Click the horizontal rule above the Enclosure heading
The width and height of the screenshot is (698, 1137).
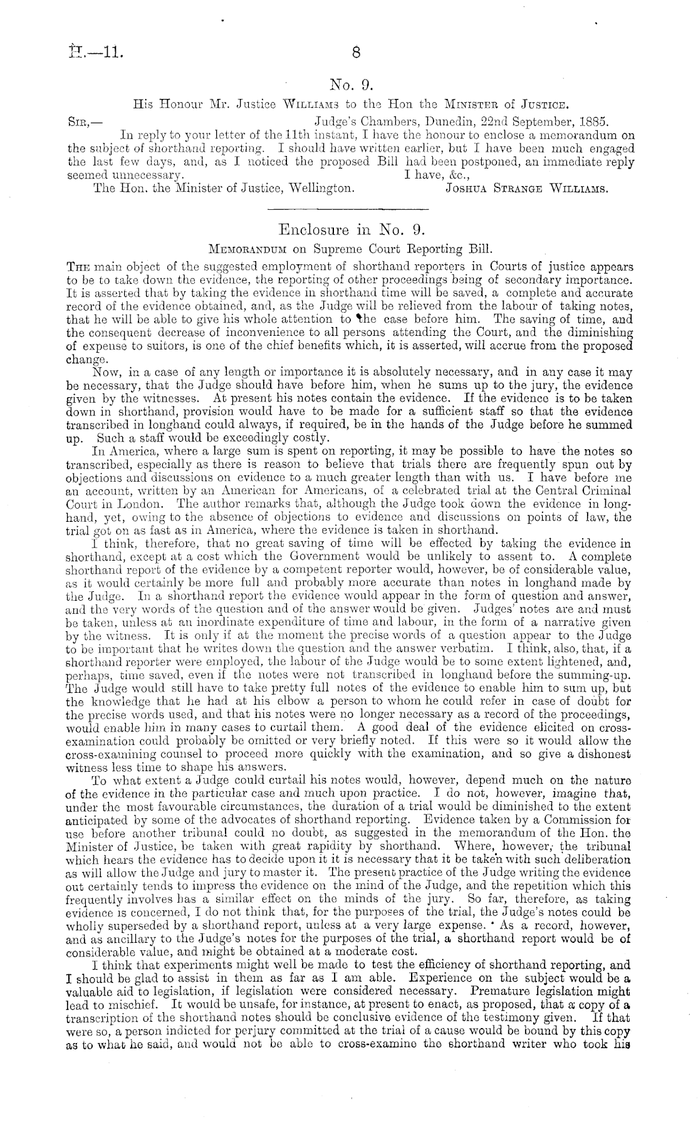coord(348,209)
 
